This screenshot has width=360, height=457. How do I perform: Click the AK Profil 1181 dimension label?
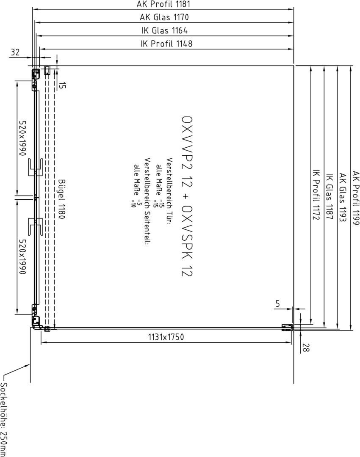(x=163, y=4)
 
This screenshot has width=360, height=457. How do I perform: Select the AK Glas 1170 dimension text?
(x=164, y=17)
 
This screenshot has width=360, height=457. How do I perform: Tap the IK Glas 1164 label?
(x=164, y=30)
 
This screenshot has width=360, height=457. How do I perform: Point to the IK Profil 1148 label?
(x=166, y=44)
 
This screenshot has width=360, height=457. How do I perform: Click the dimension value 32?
(x=15, y=52)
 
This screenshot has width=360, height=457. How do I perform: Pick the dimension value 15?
(x=63, y=85)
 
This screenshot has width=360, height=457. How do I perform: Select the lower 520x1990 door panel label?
(x=23, y=256)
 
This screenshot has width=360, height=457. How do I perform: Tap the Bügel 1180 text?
(x=61, y=199)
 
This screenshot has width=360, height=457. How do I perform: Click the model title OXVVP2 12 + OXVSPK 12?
(x=187, y=196)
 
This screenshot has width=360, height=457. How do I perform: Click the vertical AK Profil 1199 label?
(x=356, y=198)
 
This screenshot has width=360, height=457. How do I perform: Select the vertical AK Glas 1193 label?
(x=343, y=197)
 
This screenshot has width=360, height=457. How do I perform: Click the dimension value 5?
(x=277, y=303)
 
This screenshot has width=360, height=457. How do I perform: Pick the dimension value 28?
(x=305, y=348)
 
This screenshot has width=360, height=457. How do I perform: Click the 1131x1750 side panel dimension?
(x=166, y=337)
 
